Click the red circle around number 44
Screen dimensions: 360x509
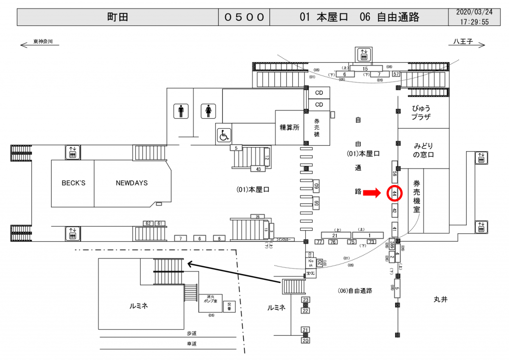point(394,193)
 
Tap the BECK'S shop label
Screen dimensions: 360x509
point(73,183)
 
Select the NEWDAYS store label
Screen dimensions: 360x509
point(132,183)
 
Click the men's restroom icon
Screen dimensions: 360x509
point(180,111)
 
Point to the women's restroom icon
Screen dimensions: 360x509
point(208,111)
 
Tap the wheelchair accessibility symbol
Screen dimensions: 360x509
point(224,135)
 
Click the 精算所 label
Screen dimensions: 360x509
point(289,127)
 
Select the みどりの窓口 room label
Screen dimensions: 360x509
point(424,150)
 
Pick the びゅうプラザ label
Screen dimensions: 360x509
point(424,112)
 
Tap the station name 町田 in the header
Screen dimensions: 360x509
point(118,17)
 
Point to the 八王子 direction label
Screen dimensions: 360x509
point(461,42)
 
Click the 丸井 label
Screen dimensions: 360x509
point(440,299)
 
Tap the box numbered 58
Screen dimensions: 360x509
point(395,173)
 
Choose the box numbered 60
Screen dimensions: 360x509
point(316,187)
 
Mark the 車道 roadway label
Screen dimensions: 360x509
point(192,344)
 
